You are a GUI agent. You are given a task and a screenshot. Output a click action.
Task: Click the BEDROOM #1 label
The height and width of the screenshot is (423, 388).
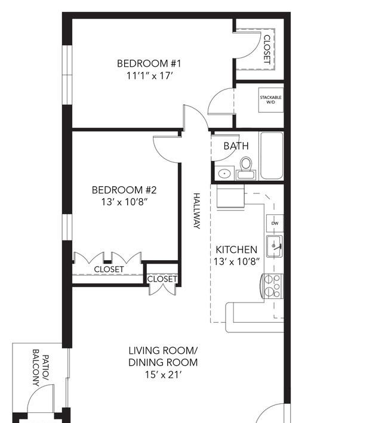click(x=149, y=63)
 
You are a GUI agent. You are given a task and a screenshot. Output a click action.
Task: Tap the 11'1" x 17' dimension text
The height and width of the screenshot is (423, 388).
click(x=149, y=76)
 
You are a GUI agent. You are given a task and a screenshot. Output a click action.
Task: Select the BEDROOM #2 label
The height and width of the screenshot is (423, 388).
click(x=124, y=190)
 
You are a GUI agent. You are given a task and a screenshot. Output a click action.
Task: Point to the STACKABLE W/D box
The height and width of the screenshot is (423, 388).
click(x=270, y=100)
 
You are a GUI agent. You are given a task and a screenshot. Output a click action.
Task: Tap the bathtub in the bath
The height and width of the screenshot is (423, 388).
click(x=272, y=156)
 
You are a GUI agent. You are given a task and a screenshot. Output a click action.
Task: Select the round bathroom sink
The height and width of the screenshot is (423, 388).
click(x=224, y=173)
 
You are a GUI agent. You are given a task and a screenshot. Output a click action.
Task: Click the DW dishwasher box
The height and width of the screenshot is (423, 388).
click(x=275, y=223)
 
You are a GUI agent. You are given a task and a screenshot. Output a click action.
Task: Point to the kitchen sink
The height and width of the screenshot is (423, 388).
click(x=275, y=246)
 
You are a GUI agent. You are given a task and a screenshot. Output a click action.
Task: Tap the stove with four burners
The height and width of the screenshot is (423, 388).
click(x=272, y=286)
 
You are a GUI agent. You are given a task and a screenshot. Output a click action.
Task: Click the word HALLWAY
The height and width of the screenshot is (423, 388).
click(x=197, y=211)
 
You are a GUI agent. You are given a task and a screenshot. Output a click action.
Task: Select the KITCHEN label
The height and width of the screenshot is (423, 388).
click(x=236, y=249)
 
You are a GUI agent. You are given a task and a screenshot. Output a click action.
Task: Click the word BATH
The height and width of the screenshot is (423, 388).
click(x=236, y=146)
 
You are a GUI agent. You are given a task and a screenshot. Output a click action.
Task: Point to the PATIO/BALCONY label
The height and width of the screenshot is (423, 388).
click(x=41, y=368)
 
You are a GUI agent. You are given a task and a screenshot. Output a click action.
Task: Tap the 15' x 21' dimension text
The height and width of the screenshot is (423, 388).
click(x=163, y=375)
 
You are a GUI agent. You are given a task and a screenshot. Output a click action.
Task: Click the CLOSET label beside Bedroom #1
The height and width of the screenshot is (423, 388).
click(x=267, y=50)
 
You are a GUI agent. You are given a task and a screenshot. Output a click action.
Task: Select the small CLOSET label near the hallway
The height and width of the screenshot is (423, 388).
click(x=162, y=279)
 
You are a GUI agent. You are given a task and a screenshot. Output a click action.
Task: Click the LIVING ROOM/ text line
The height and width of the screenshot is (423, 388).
click(x=163, y=351)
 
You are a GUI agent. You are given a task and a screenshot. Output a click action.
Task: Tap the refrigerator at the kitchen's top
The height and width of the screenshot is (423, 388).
click(x=230, y=196)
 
